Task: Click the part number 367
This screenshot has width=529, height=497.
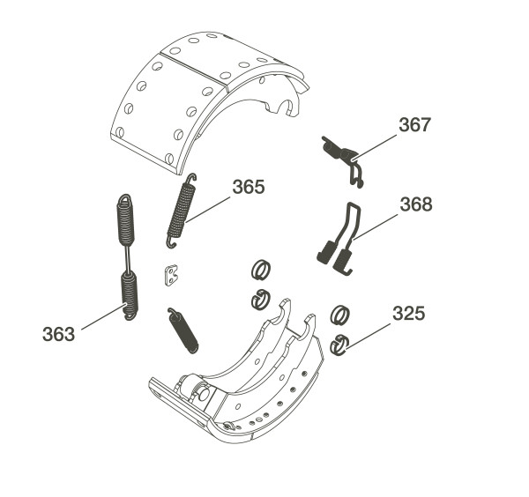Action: click(414, 125)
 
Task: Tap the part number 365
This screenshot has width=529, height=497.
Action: click(249, 187)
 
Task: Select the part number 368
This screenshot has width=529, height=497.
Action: click(416, 204)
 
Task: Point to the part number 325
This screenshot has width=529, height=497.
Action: click(408, 314)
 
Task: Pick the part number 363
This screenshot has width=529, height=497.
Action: click(58, 335)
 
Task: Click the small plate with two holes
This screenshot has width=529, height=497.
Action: click(171, 275)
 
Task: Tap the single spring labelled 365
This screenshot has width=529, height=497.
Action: click(181, 211)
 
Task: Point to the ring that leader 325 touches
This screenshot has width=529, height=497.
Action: click(339, 345)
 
